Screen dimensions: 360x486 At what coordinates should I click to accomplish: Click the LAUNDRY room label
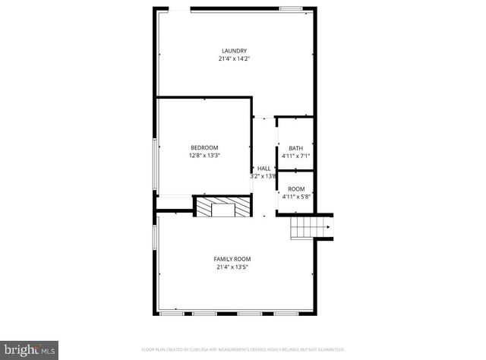234,51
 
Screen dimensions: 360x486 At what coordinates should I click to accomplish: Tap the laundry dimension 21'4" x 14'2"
234,59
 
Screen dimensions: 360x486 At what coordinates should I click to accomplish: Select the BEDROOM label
204,147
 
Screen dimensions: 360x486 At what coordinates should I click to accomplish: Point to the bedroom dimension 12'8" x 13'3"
204,156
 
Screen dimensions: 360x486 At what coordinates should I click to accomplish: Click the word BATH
295,148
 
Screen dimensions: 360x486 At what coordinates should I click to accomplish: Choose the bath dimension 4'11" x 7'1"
295,156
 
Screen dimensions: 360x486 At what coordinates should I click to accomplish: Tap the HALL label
264,169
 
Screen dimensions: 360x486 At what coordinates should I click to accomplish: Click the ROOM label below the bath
296,189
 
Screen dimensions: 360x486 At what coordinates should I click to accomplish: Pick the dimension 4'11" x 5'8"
296,197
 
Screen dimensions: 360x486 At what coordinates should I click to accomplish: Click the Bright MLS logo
29,349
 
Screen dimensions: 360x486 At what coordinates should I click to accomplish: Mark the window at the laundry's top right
291,8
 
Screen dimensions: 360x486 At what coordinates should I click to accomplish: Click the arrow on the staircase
327,226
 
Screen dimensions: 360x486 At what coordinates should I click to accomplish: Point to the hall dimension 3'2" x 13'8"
263,176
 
